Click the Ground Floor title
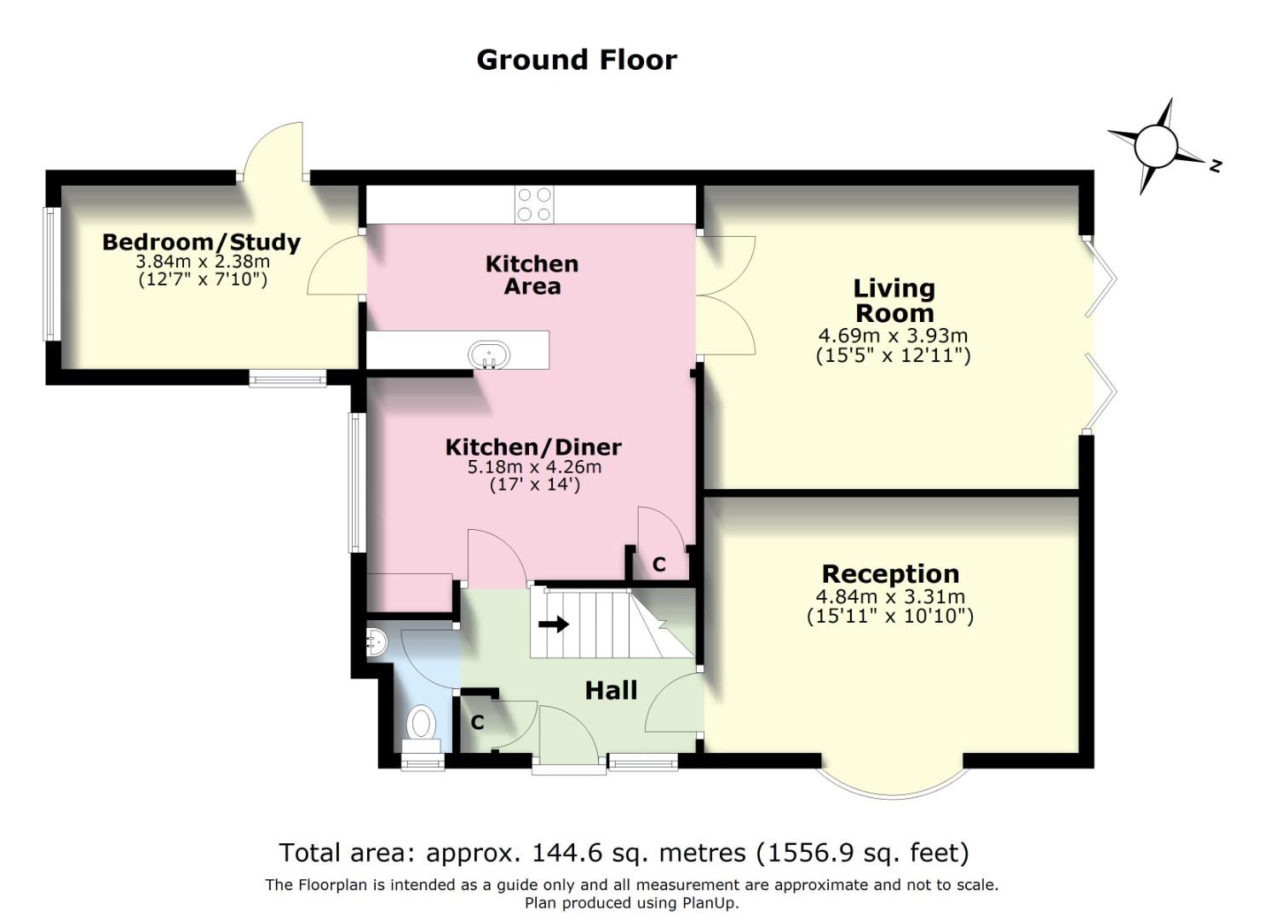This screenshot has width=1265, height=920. click(x=577, y=60)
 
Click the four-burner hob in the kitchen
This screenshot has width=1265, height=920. click(x=534, y=204)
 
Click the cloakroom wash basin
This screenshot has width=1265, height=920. click(x=375, y=643)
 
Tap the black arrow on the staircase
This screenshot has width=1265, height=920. click(x=554, y=624)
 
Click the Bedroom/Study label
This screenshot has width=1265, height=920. click(x=201, y=243)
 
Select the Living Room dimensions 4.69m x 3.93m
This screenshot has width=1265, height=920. click(x=893, y=336)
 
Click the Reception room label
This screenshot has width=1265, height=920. click(x=890, y=573)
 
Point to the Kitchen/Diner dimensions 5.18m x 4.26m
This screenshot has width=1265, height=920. click(x=534, y=467)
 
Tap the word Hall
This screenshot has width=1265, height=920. click(x=611, y=690)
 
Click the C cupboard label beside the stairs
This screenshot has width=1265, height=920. click(x=658, y=564)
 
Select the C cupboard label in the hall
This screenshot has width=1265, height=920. click(x=477, y=722)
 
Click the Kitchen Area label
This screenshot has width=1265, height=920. click(x=532, y=275)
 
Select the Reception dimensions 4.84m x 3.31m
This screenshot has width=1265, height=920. click(x=890, y=596)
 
